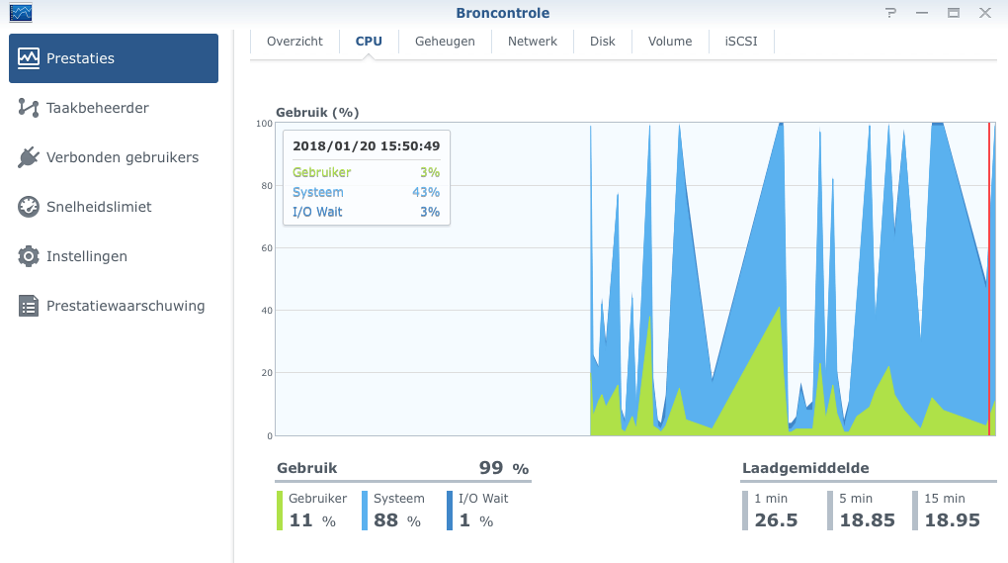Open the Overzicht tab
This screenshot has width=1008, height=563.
click(294, 42)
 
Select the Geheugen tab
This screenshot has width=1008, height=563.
click(445, 42)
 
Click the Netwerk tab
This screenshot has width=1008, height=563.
click(533, 42)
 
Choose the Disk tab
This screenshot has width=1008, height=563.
click(603, 42)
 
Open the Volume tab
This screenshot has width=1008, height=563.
click(670, 42)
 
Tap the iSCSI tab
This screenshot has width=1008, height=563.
click(741, 42)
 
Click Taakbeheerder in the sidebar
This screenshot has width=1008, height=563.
click(97, 108)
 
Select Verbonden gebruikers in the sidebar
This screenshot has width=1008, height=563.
click(122, 157)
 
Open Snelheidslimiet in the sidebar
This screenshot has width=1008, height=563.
click(99, 207)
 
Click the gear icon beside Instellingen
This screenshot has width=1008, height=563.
click(29, 256)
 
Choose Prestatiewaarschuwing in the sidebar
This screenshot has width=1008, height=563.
click(126, 306)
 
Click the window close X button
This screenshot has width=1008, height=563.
click(985, 13)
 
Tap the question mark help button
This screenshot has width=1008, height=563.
click(890, 13)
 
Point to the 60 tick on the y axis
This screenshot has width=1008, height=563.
click(265, 248)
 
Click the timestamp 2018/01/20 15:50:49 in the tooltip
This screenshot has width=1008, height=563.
click(367, 146)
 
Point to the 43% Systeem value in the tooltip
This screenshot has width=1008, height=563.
click(426, 192)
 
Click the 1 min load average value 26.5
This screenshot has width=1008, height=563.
click(776, 520)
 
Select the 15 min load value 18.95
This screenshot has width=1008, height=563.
click(952, 520)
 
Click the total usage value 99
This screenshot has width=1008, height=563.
click(491, 468)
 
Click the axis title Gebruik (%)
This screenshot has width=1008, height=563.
click(316, 113)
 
